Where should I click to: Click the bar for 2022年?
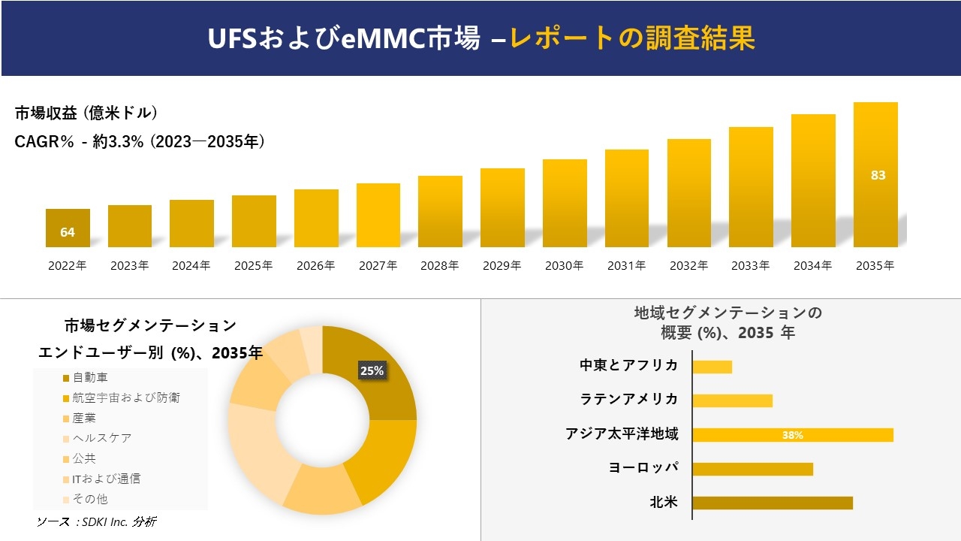68,228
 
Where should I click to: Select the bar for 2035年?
875,174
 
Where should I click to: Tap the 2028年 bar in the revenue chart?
440,211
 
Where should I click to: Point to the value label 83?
878,175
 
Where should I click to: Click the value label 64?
68,232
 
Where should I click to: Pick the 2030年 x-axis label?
564,265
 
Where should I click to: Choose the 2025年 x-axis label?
253,265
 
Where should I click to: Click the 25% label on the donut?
372,370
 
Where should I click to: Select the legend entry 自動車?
89,377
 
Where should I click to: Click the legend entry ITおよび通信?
106,479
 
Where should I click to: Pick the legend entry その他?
89,499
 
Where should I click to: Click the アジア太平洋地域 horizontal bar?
793,435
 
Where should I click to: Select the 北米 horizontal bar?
773,503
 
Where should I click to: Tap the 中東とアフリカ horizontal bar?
712,367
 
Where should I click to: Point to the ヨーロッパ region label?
643,467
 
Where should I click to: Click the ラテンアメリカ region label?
629,399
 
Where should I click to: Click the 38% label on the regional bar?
792,435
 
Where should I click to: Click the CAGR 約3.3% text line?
140,141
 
